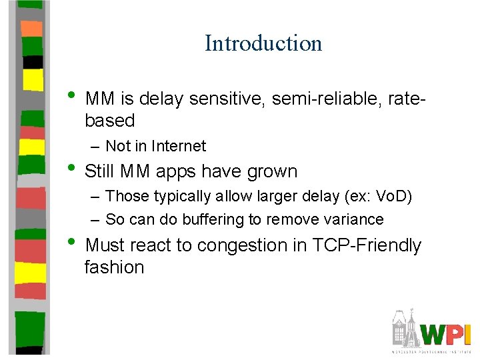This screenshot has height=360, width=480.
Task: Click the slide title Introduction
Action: [x=263, y=43]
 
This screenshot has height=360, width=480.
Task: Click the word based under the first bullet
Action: [x=110, y=121]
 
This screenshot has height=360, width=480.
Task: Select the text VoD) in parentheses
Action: [x=395, y=196]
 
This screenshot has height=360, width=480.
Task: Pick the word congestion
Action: [x=243, y=246]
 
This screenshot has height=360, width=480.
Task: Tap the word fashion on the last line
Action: [x=114, y=267]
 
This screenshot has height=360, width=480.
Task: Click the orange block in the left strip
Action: [x=31, y=28]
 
